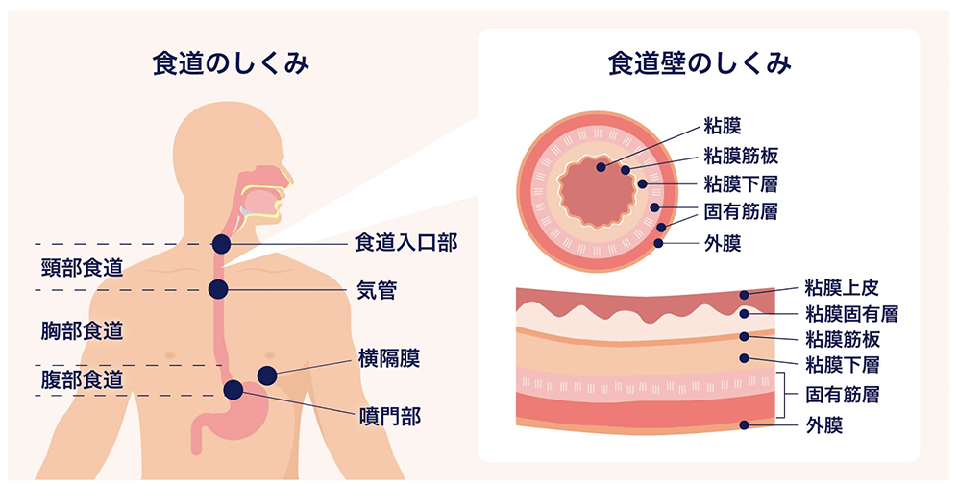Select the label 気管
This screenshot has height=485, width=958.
pos(376,289)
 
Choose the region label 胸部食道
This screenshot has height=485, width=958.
pos(82,330)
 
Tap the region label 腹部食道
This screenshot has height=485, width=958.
pos(82,379)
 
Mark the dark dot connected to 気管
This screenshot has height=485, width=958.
pos(219,289)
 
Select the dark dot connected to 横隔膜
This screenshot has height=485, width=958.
pos(267,375)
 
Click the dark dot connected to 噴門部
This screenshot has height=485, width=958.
pos(233,390)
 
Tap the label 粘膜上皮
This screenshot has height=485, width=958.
pos(842,287)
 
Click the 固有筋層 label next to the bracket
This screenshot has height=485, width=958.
pos(843,394)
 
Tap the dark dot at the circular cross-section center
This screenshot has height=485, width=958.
pos(601,167)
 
